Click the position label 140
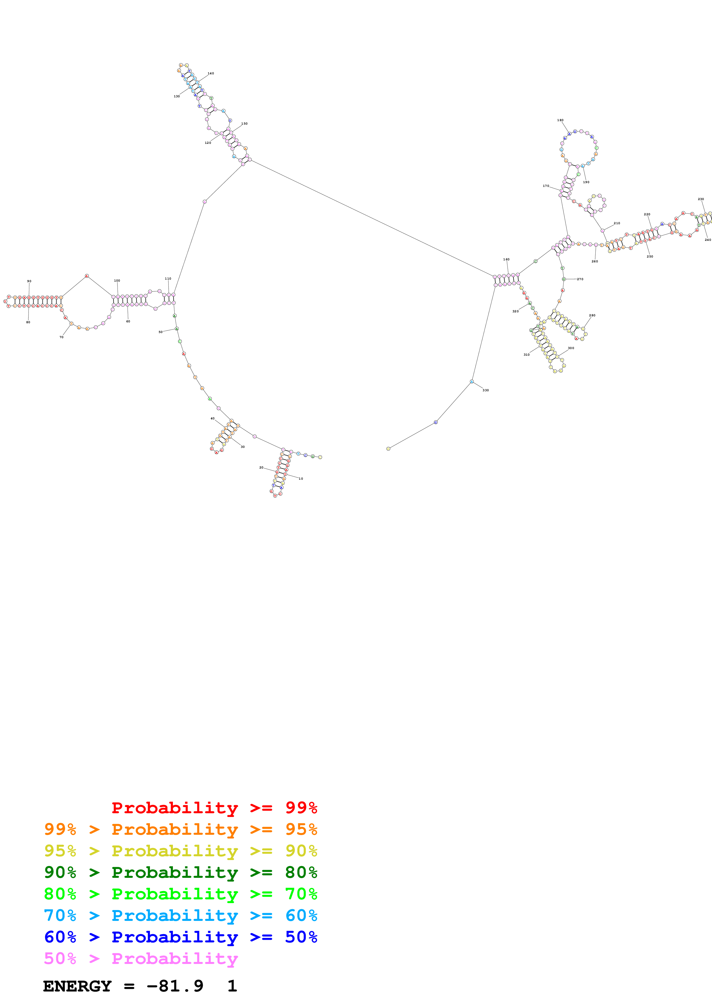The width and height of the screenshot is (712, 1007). [x=211, y=73]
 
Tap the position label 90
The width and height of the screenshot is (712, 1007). [x=29, y=281]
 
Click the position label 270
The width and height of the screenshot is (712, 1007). [x=580, y=279]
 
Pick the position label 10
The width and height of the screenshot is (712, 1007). [x=301, y=479]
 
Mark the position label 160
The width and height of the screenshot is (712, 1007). [x=506, y=259]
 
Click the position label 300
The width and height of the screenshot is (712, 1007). [x=571, y=348]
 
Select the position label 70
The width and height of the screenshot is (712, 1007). [x=61, y=337]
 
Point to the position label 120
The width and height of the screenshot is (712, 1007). [x=208, y=143]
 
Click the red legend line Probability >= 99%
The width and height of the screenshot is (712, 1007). [x=214, y=808]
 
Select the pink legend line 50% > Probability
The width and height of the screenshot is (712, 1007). [x=140, y=959]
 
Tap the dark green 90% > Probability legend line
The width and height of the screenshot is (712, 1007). [x=180, y=872]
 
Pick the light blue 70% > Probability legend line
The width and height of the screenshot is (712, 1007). [x=180, y=915]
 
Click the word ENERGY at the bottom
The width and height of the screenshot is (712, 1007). [x=77, y=986]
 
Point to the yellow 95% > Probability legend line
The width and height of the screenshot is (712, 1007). [x=180, y=851]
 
